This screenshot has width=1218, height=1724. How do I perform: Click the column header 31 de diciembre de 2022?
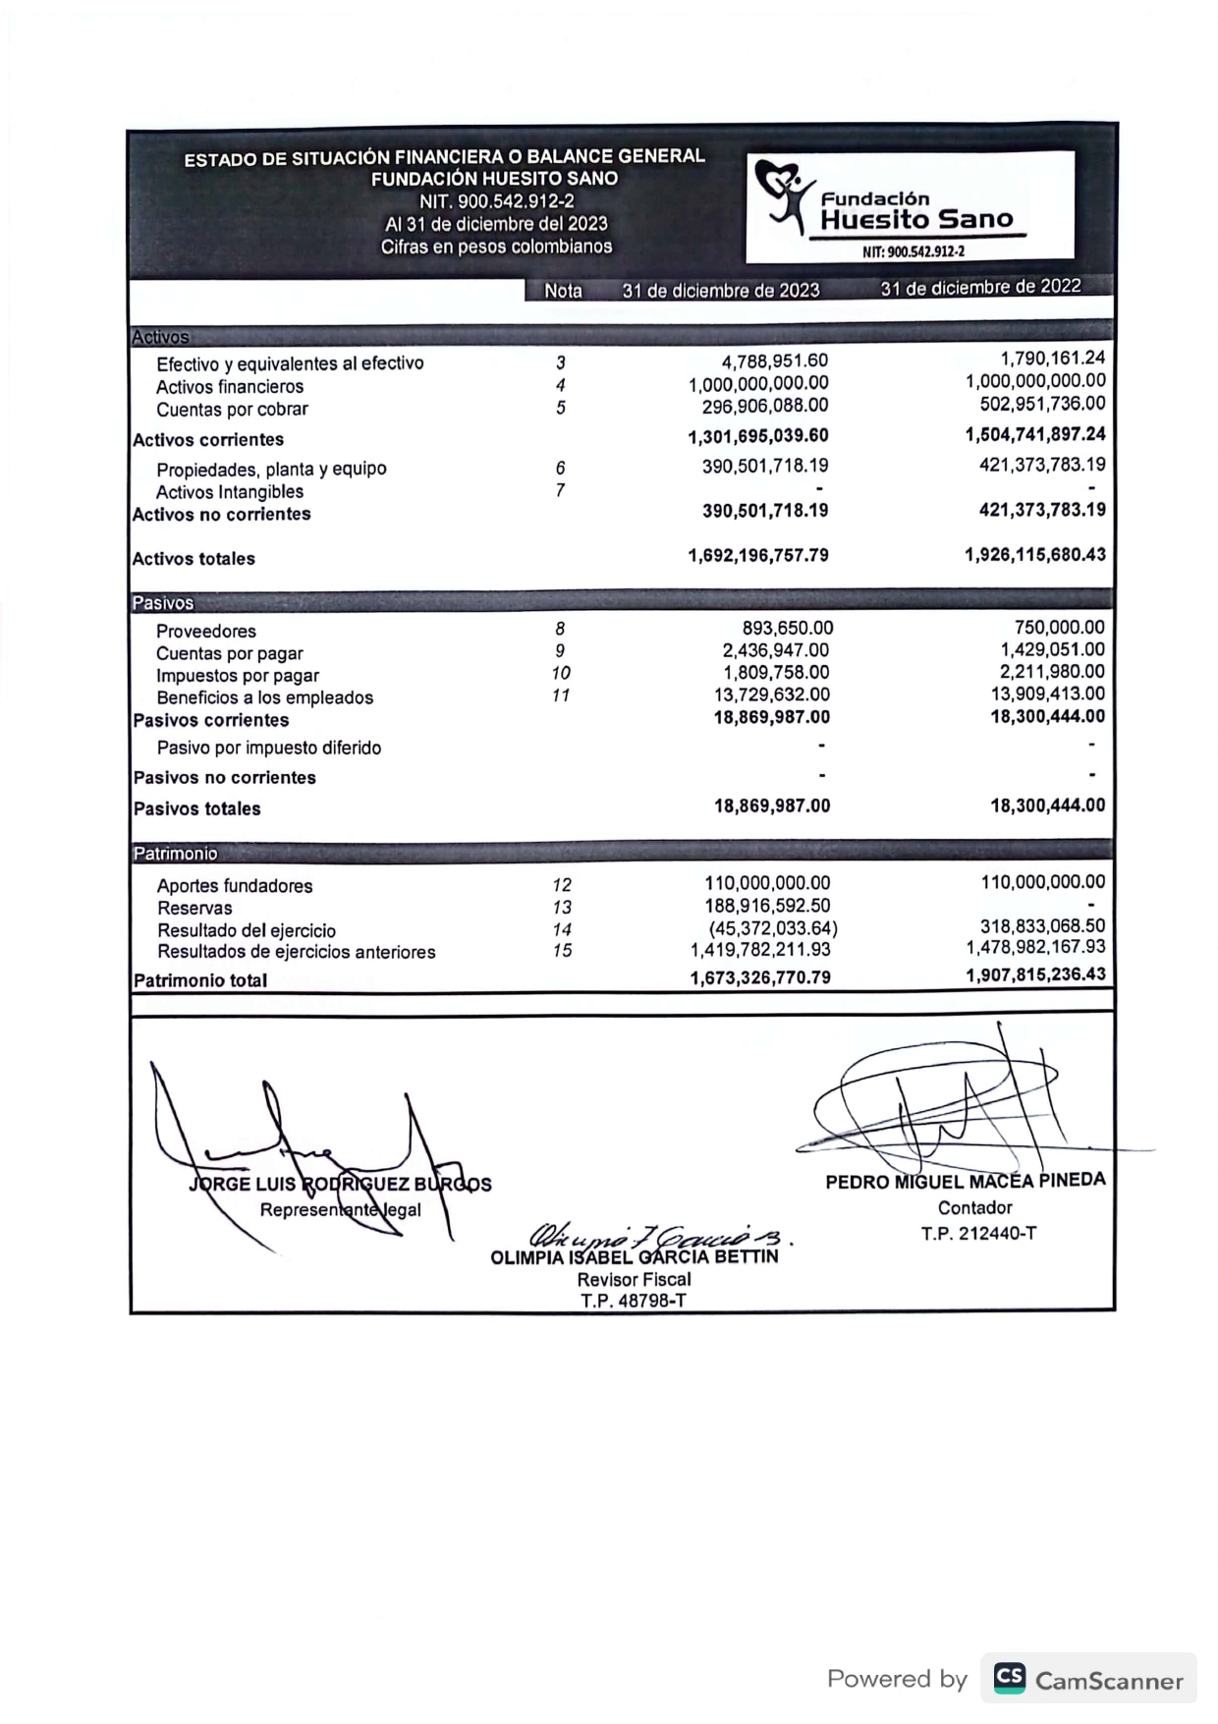point(979,287)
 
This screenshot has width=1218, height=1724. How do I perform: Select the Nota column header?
point(563,291)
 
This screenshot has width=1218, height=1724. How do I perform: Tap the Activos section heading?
point(160,337)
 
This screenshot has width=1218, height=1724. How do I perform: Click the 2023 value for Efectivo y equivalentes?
point(774,361)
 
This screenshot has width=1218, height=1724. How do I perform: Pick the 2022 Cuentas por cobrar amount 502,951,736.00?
point(1042,404)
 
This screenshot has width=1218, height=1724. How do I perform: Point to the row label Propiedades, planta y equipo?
point(271,469)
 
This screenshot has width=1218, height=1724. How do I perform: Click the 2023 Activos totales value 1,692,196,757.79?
point(757,555)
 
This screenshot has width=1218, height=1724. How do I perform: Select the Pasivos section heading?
point(163,602)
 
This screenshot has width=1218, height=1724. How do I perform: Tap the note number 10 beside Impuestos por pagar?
point(561,673)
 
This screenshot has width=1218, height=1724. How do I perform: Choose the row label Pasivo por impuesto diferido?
point(269,748)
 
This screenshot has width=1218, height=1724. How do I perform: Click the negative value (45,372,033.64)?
point(773,928)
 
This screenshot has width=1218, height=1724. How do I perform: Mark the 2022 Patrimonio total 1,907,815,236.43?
point(1035,974)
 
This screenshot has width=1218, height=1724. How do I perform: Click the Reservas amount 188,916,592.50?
point(767,906)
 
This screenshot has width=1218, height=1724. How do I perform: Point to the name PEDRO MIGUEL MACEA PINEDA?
point(965,1180)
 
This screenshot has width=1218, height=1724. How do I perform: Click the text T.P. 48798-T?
point(633,1301)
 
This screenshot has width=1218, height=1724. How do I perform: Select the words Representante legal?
point(340,1209)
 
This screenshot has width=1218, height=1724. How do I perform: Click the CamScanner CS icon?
point(1009,1678)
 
